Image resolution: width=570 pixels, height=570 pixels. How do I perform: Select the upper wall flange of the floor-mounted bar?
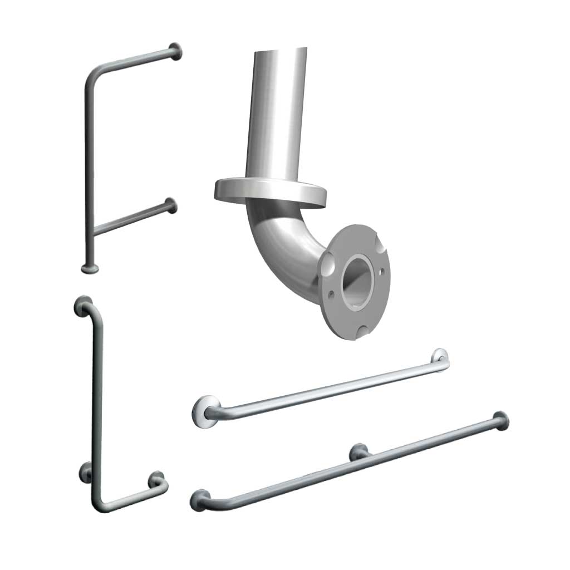(x=176, y=51)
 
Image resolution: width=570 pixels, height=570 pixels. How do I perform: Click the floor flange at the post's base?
(x=90, y=269)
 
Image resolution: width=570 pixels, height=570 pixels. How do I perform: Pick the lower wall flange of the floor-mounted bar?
(x=171, y=206)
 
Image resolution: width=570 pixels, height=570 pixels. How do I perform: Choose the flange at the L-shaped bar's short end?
(x=156, y=479)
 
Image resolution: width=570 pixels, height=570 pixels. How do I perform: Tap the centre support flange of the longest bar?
(x=358, y=451)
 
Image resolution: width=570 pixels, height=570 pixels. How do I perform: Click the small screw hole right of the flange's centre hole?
(x=381, y=273)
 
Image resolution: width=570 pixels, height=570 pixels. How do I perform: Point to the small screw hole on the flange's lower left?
(x=332, y=291)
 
